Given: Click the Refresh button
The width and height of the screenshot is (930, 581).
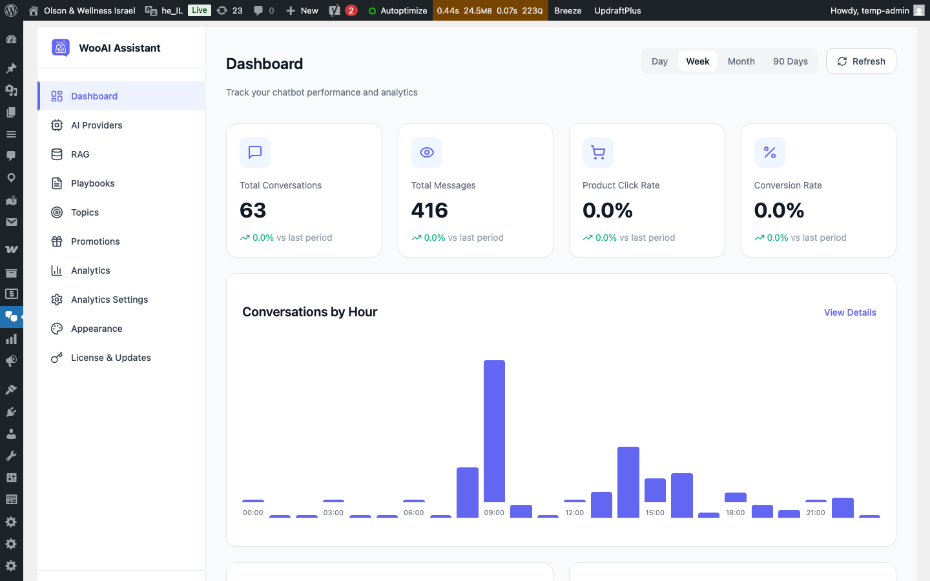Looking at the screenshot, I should click(x=861, y=61).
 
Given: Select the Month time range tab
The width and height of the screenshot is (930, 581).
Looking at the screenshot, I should click(x=741, y=61).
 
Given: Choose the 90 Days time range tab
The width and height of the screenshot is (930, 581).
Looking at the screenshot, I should click(x=790, y=61).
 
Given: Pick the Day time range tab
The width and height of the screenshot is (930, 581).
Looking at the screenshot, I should click(x=659, y=61).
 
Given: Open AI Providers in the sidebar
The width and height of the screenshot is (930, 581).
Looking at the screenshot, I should click(x=96, y=125).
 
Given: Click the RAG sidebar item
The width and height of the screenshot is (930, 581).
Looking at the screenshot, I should click(x=80, y=154).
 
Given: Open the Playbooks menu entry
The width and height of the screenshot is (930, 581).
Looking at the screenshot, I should click(x=92, y=183).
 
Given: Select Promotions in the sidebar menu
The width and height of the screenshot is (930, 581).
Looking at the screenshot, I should click(x=95, y=241).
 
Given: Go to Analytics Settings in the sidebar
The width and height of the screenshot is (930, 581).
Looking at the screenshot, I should click(x=109, y=300).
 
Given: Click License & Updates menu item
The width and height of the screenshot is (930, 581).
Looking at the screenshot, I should click(x=110, y=358).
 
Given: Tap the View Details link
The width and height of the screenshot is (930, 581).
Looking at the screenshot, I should click(x=850, y=312).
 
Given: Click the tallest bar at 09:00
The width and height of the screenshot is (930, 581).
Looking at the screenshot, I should click(x=494, y=431).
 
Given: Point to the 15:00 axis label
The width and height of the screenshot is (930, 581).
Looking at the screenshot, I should click(x=655, y=513).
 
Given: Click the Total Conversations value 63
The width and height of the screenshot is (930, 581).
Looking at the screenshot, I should click(x=253, y=210).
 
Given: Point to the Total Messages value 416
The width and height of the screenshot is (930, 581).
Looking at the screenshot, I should click(x=429, y=210).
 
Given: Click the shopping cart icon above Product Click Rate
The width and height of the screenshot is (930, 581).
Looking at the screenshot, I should click(x=598, y=152).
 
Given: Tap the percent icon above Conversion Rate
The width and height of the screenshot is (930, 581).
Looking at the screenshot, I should click(x=769, y=152).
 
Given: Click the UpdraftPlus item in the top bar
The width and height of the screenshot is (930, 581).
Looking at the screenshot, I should click(x=617, y=10).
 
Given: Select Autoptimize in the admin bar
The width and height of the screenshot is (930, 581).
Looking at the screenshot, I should click(x=398, y=10).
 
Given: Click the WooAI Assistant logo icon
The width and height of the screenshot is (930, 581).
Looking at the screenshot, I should click(x=61, y=48).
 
